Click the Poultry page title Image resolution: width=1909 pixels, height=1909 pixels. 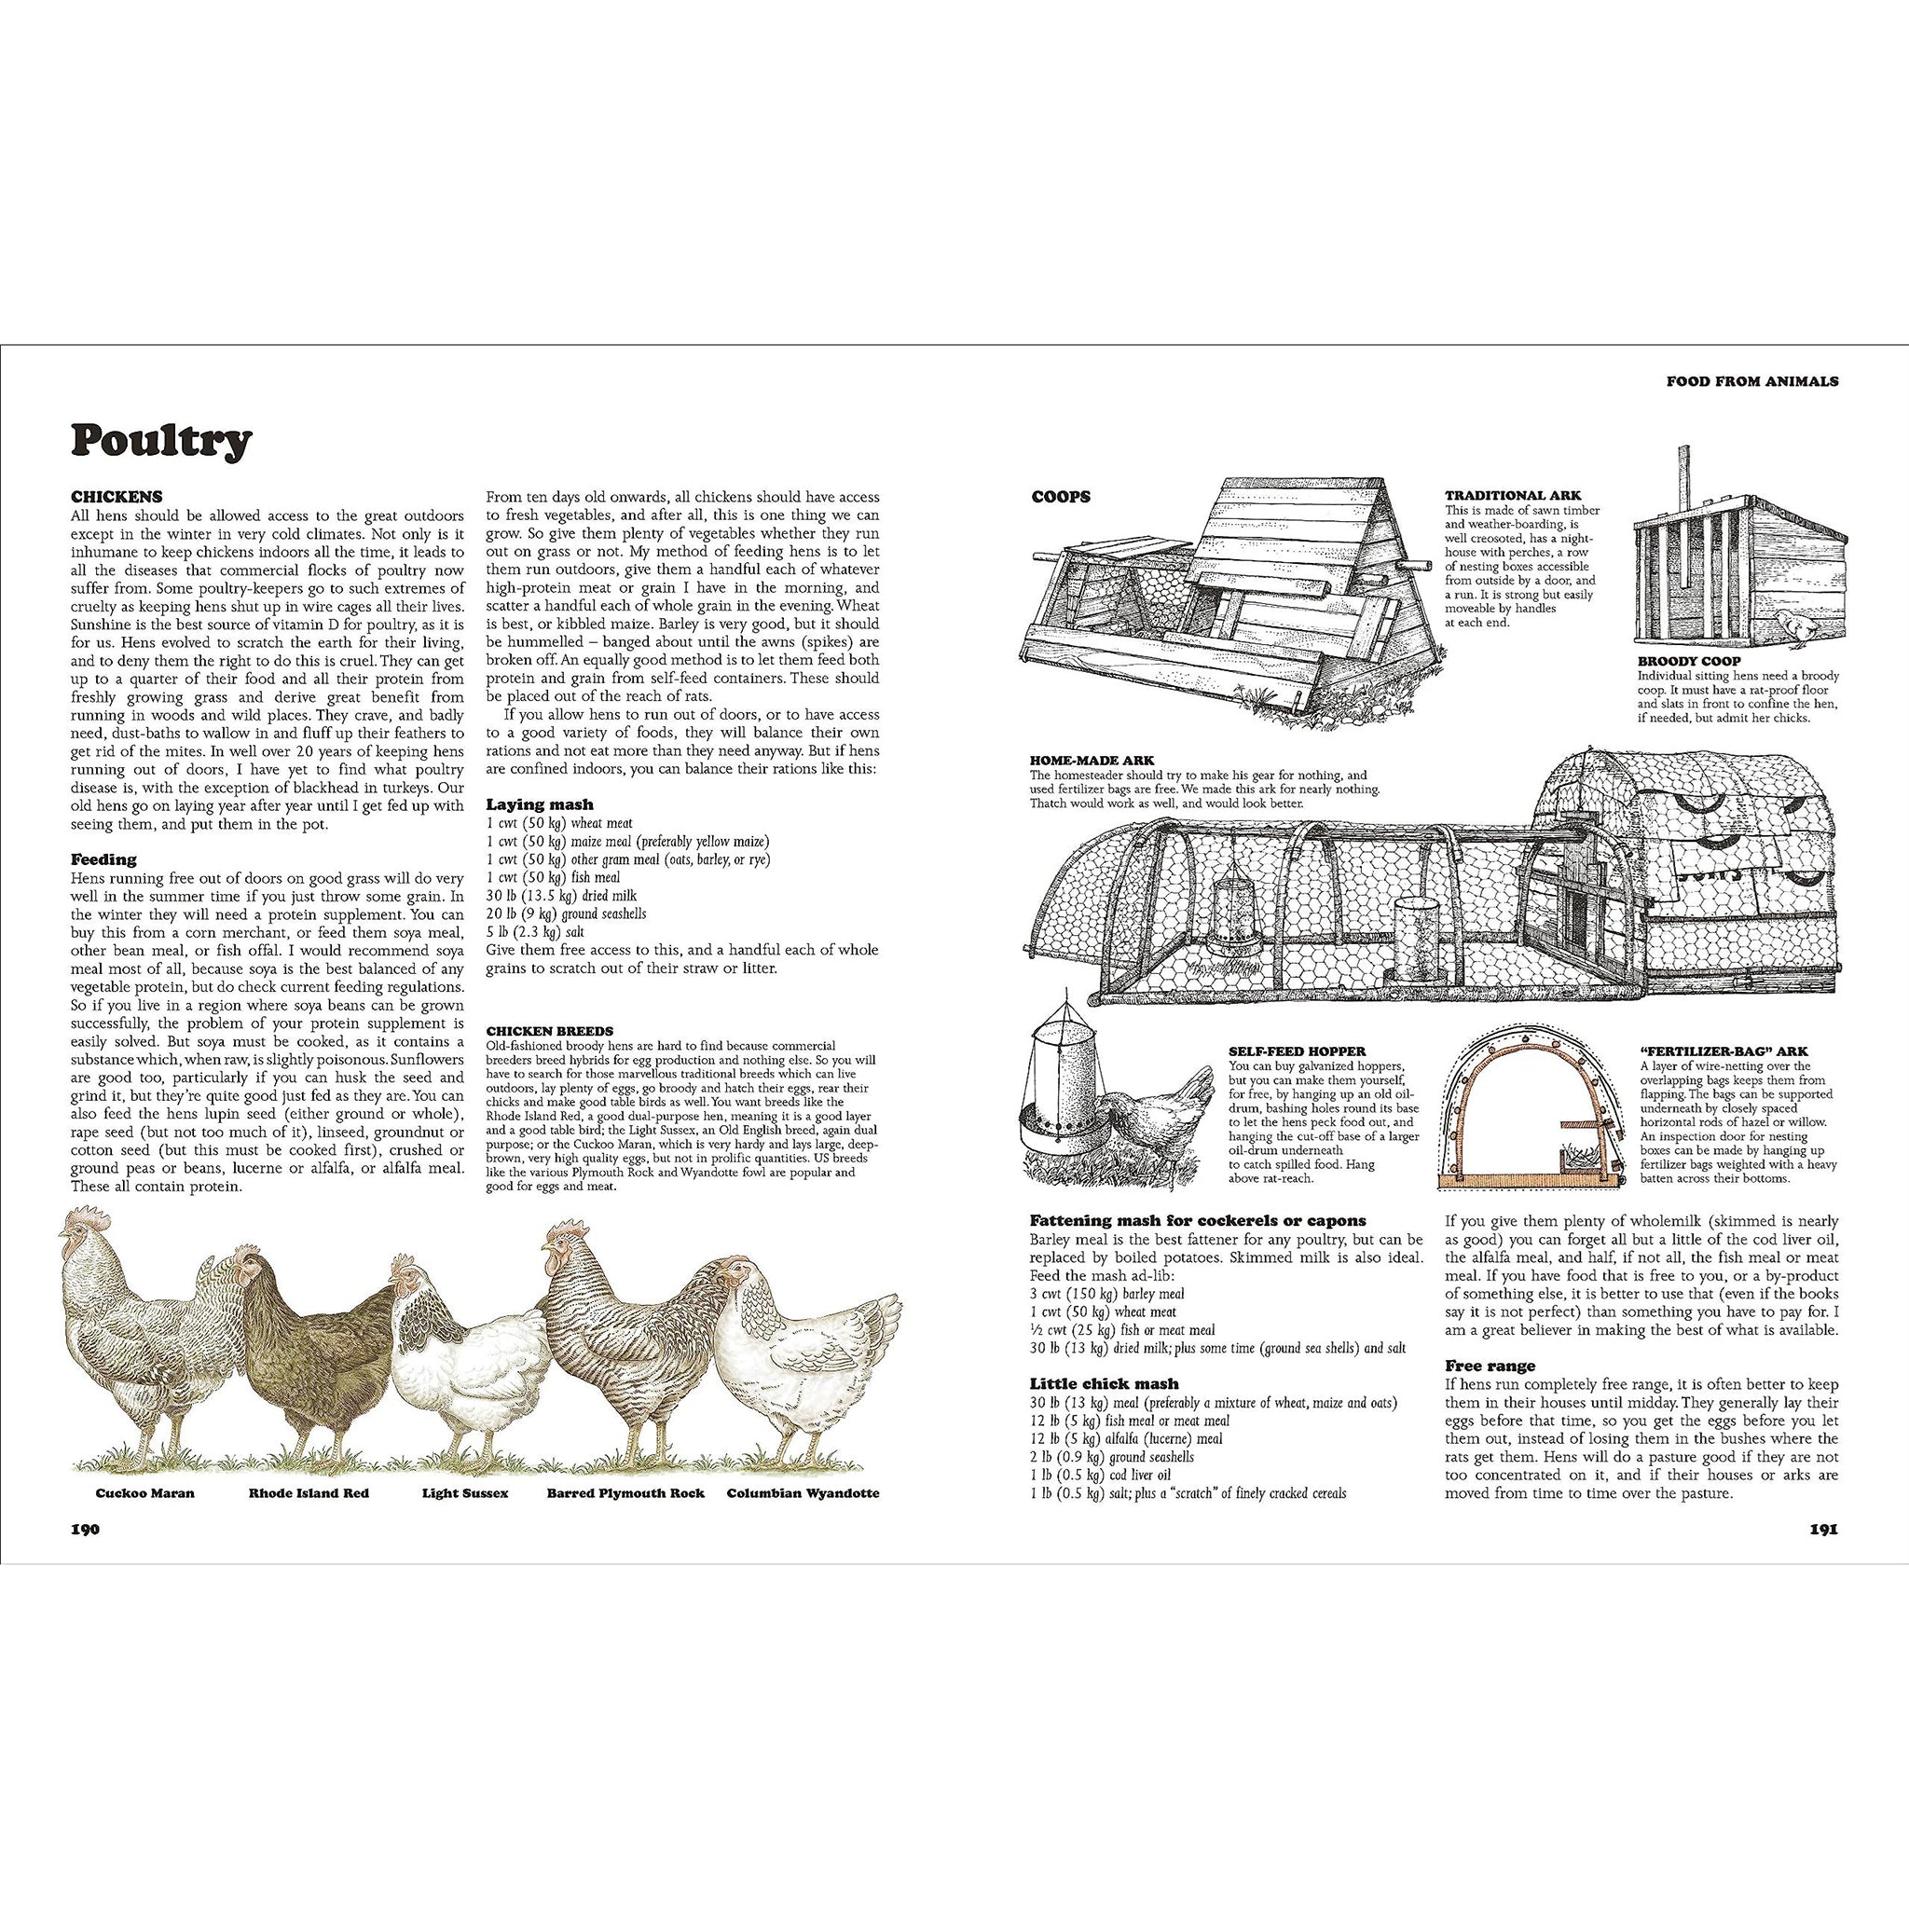point(161,441)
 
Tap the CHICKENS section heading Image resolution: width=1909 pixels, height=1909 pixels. point(117,497)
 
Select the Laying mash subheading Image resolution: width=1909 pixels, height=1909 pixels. point(540,805)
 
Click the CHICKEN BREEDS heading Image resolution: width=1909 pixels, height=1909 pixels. point(549,1031)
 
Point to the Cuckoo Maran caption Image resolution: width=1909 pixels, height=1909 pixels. point(145,1492)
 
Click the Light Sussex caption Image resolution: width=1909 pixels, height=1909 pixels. point(464,1492)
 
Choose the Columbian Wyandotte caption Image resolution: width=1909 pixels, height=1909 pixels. point(803,1492)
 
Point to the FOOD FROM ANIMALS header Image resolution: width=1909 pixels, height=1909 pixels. point(1751,380)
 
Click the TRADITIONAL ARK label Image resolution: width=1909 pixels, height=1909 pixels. point(1512,495)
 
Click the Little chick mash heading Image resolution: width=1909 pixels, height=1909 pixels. point(1103,1383)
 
